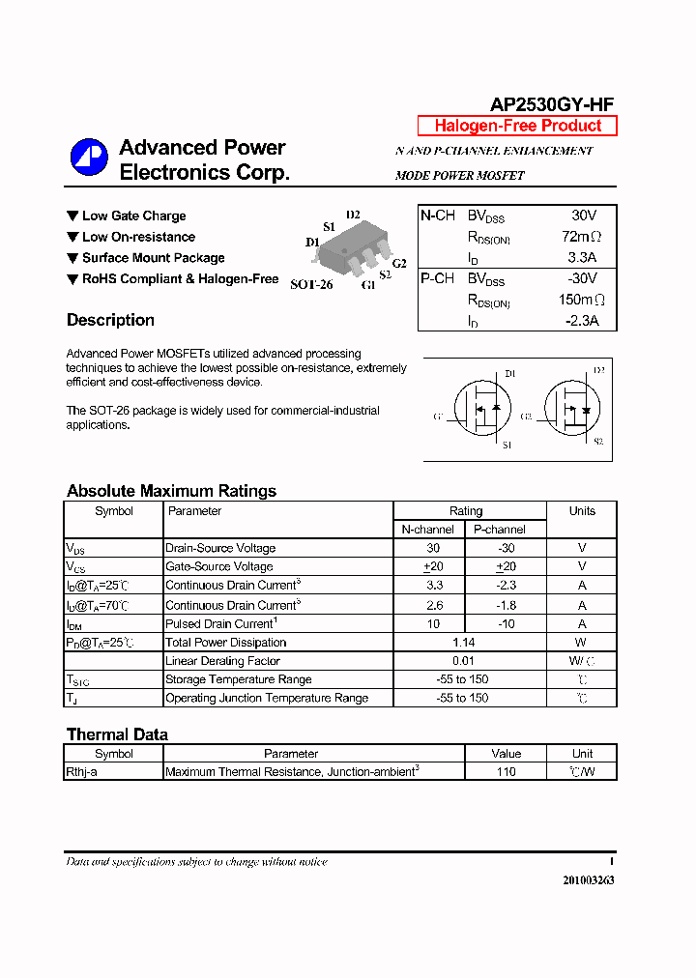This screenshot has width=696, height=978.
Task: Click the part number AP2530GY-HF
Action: [551, 105]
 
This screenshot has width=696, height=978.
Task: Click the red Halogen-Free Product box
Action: [517, 126]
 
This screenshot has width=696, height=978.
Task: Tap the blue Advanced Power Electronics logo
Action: [88, 157]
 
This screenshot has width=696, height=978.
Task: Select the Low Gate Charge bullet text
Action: [133, 216]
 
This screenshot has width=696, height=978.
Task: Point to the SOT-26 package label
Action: [310, 284]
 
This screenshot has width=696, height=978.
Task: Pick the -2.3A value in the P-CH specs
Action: [581, 321]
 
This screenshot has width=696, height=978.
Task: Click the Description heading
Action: [110, 320]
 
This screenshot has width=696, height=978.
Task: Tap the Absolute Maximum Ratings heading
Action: [171, 491]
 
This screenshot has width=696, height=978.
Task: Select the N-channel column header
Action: [428, 530]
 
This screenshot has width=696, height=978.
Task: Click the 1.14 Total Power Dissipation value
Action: [464, 642]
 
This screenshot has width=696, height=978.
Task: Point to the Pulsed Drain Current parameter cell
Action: [221, 623]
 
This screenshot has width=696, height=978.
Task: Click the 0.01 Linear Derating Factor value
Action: [464, 661]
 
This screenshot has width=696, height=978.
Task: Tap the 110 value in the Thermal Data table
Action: [506, 771]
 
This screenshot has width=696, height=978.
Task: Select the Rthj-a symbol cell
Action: [82, 771]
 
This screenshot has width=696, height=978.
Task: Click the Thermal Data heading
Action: [117, 734]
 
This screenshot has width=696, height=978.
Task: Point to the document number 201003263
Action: [588, 880]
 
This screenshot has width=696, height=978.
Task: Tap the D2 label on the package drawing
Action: [353, 215]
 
